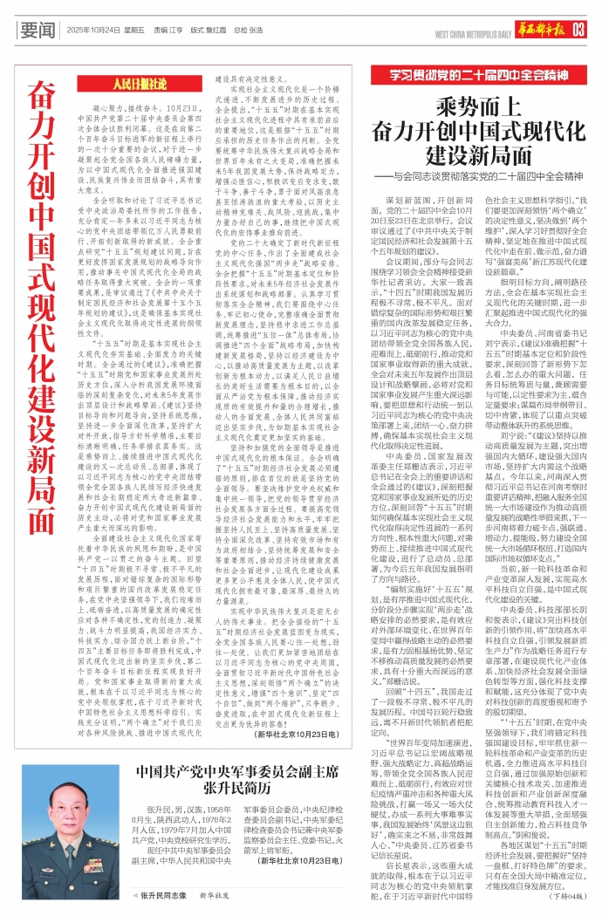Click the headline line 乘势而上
click(471, 107)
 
